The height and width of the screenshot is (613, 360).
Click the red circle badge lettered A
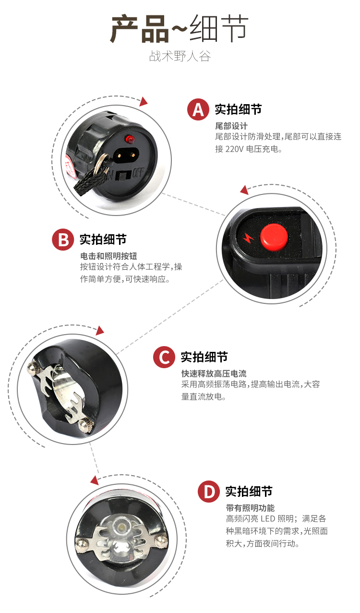pyautogui.click(x=198, y=109)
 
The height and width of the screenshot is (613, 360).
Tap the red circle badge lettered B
pyautogui.click(x=63, y=240)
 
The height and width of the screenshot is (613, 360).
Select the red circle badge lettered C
pyautogui.click(x=164, y=357)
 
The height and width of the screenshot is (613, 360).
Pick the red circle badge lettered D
pyautogui.click(x=209, y=492)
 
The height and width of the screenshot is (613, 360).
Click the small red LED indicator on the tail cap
pyautogui.click(x=130, y=139)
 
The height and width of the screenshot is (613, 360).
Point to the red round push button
pyautogui.click(x=274, y=237)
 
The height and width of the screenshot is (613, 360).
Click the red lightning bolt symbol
pyautogui.click(x=248, y=238)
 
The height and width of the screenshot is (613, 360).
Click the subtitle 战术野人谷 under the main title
pyautogui.click(x=180, y=56)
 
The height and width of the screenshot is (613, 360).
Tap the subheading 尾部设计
pyautogui.click(x=231, y=126)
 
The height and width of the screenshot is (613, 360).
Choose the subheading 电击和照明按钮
pyautogui.click(x=108, y=256)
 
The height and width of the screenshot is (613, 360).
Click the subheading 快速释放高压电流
pyautogui.click(x=214, y=373)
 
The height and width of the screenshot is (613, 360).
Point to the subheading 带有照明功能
pyautogui.click(x=250, y=508)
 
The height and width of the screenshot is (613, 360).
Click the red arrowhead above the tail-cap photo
pyautogui.click(x=144, y=102)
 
